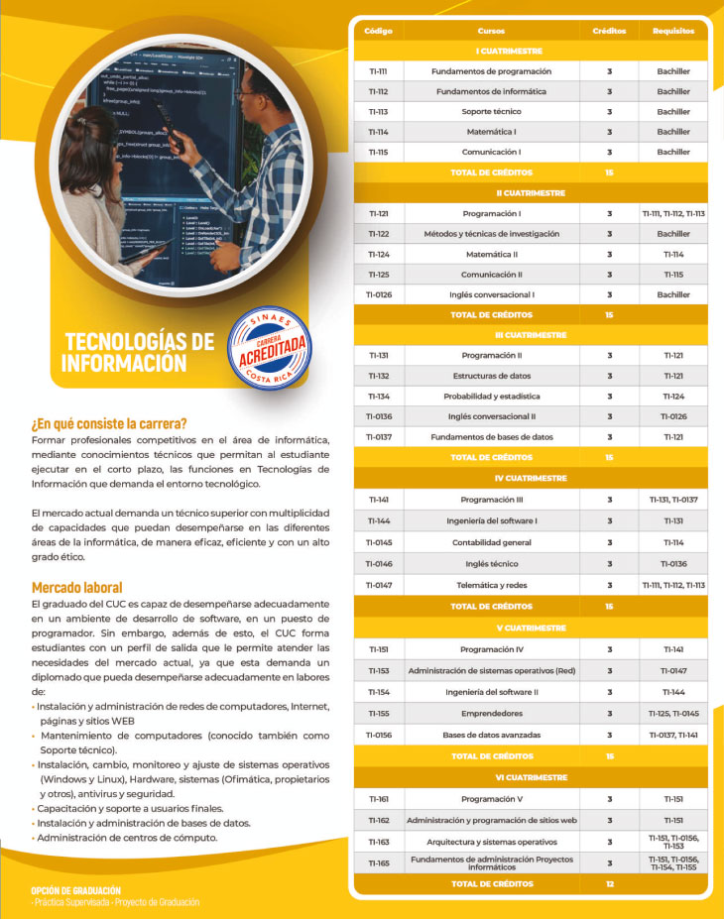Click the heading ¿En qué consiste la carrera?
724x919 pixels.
pyautogui.click(x=109, y=424)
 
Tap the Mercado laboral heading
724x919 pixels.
pyautogui.click(x=77, y=587)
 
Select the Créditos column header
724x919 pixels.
pyautogui.click(x=609, y=31)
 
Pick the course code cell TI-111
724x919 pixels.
pyautogui.click(x=377, y=71)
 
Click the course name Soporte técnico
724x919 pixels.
pyautogui.click(x=491, y=112)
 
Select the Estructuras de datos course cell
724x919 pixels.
pyautogui.click(x=492, y=377)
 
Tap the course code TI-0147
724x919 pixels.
pyautogui.click(x=379, y=585)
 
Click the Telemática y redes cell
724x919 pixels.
pyautogui.click(x=491, y=585)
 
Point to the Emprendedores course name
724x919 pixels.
pyautogui.click(x=492, y=714)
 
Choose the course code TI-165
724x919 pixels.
pyautogui.click(x=378, y=863)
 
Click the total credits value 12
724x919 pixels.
pyautogui.click(x=609, y=883)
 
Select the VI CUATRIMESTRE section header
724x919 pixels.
pyautogui.click(x=532, y=778)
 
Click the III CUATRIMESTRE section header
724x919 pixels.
pyautogui.click(x=532, y=335)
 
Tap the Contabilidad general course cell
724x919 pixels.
pyautogui.click(x=492, y=543)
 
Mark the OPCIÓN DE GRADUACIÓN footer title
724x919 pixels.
pyautogui.click(x=75, y=890)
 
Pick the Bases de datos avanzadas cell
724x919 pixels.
pyautogui.click(x=492, y=735)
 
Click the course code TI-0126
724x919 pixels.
pyautogui.click(x=379, y=294)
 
